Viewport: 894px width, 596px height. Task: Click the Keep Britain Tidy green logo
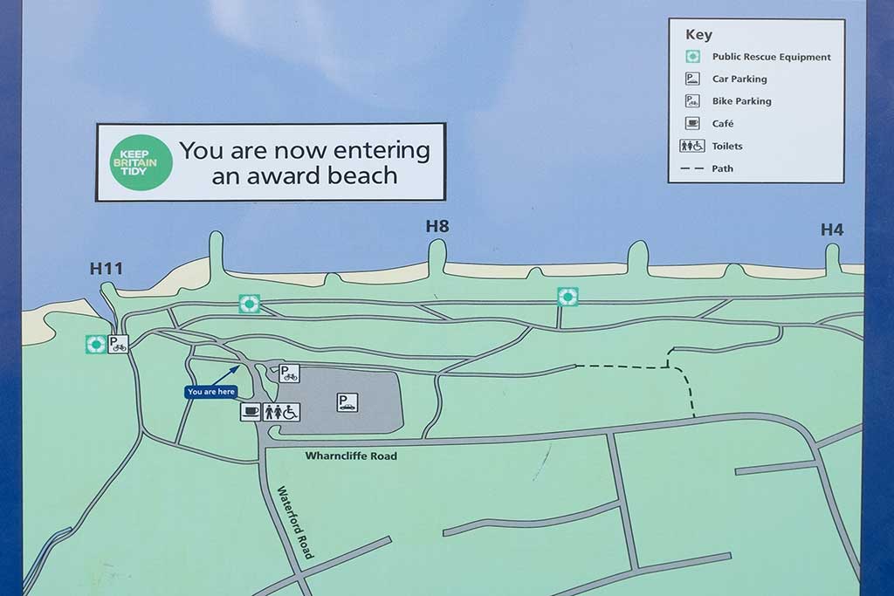[140, 161]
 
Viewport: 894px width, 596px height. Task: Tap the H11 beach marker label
[107, 268]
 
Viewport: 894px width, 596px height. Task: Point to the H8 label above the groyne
[437, 227]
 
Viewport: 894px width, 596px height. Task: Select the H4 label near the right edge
[832, 230]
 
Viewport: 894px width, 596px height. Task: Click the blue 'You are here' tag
[210, 392]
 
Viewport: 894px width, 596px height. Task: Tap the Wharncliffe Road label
[351, 456]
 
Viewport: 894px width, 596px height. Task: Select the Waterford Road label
[295, 522]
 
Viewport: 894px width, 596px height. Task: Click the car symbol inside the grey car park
[347, 402]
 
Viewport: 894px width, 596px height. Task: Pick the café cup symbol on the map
[251, 412]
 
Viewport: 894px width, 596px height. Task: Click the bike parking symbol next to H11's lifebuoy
[118, 344]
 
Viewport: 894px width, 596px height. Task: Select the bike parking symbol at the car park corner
[289, 373]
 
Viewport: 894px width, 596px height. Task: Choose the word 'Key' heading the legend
[698, 35]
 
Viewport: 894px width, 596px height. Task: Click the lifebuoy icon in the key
[692, 57]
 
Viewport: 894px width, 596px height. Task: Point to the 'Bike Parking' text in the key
[741, 101]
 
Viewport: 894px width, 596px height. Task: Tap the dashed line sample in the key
[692, 168]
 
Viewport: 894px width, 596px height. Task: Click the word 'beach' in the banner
[362, 175]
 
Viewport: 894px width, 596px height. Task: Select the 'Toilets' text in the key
[727, 147]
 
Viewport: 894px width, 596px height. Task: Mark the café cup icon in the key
[692, 124]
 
